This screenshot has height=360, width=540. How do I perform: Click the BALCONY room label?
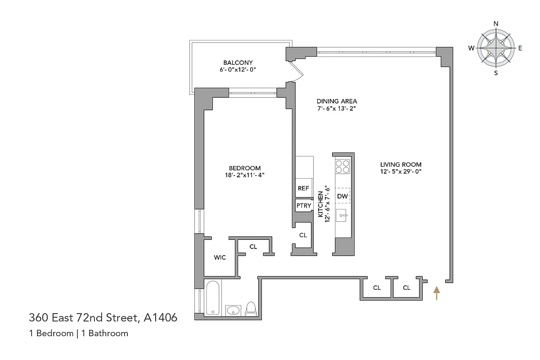238,63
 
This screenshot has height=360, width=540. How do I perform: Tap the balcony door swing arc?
295,72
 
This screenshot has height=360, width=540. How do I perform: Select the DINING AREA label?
337,101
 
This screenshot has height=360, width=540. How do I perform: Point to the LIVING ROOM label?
400,164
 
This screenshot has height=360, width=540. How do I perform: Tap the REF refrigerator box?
303,189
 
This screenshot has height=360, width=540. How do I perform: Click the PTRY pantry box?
303,206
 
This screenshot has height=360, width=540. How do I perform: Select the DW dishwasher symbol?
342,196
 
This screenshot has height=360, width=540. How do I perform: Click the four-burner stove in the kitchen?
342,166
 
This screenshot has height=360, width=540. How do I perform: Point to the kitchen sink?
343,216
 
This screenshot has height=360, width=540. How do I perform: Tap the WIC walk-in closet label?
220,257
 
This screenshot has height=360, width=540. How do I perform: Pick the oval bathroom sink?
233,310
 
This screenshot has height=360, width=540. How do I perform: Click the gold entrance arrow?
436,293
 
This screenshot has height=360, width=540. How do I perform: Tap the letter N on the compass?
496,24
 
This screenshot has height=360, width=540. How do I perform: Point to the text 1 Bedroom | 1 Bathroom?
79,333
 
